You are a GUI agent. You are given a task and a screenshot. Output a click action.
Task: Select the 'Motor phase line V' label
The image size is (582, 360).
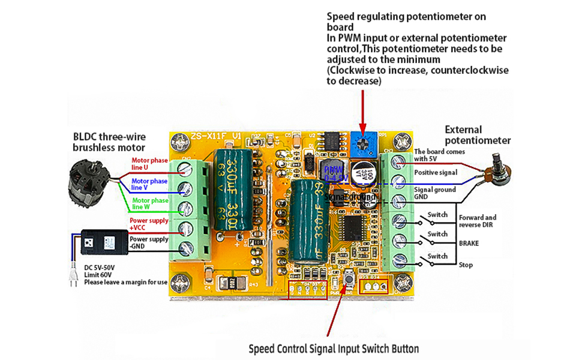pyautogui.click(x=149, y=184)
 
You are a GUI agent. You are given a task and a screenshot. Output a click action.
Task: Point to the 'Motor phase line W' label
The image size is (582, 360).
pyautogui.click(x=150, y=203)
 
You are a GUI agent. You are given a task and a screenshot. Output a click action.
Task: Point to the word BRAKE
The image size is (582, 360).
pyautogui.click(x=469, y=245)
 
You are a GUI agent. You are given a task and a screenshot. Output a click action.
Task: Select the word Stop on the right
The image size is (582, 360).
pyautogui.click(x=466, y=265)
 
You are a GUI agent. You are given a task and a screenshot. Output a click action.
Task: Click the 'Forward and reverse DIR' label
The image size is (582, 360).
pyautogui.click(x=478, y=221)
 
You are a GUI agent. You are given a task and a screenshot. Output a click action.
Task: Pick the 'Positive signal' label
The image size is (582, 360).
pyautogui.click(x=436, y=172)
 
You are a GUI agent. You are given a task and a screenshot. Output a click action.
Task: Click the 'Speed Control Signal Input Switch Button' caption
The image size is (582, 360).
pyautogui.click(x=334, y=349)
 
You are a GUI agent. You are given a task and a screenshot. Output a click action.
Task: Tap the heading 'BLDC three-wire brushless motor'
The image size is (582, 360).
pyautogui.click(x=109, y=142)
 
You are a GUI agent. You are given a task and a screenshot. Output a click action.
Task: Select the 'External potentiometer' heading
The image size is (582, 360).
pyautogui.click(x=478, y=134)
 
